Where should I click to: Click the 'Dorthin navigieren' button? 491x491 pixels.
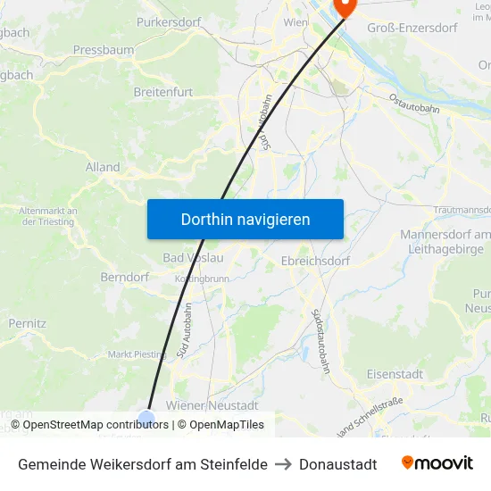click(245, 219)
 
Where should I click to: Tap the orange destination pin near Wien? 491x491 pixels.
click(343, 6)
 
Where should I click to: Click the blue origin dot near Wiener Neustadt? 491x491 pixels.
click(146, 418)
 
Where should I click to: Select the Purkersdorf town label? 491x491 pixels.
click(169, 22)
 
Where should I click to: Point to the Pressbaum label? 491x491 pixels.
click(104, 50)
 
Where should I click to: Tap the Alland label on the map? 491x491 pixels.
click(103, 167)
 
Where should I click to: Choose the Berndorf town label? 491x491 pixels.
click(125, 278)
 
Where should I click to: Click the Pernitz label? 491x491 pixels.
click(28, 322)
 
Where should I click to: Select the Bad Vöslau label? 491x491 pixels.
click(193, 258)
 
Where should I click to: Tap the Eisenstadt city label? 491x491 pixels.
click(395, 374)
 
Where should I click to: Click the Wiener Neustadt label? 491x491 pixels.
click(218, 405)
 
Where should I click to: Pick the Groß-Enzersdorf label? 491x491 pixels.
click(412, 28)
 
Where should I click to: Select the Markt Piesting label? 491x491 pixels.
click(137, 354)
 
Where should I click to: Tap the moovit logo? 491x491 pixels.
click(437, 463)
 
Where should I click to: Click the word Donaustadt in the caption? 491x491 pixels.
click(337, 464)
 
